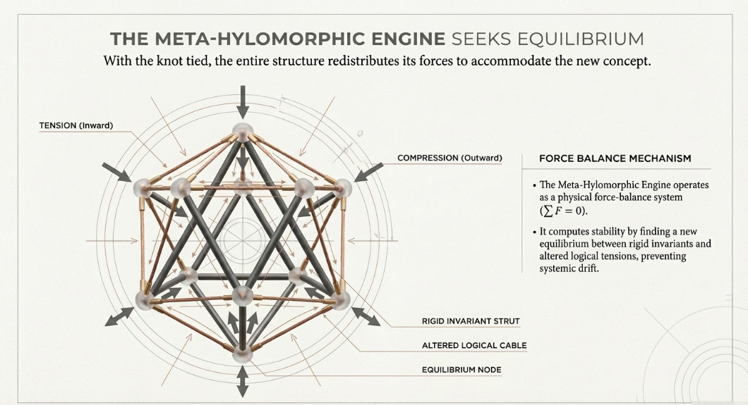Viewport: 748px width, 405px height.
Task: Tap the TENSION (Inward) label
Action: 76,125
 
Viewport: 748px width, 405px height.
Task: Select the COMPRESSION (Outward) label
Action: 450,158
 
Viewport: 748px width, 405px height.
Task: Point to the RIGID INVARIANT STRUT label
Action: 466,321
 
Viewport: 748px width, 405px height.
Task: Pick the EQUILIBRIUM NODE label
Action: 461,369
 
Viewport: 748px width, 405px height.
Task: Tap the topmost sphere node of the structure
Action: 243,131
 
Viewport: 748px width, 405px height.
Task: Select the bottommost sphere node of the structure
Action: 242,353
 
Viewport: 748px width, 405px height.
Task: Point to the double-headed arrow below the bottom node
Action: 242,381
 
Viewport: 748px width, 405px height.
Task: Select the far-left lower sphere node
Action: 144,299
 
